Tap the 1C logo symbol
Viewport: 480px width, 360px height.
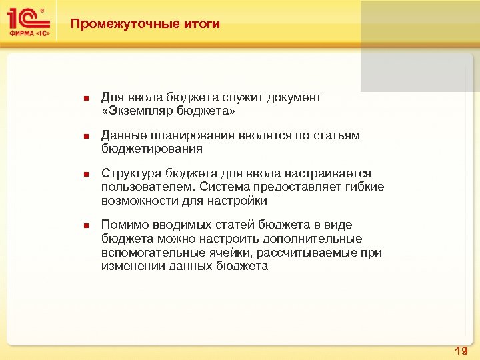[x=26, y=18]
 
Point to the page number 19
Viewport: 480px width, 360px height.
[x=460, y=351]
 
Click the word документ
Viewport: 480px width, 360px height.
[x=294, y=98]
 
